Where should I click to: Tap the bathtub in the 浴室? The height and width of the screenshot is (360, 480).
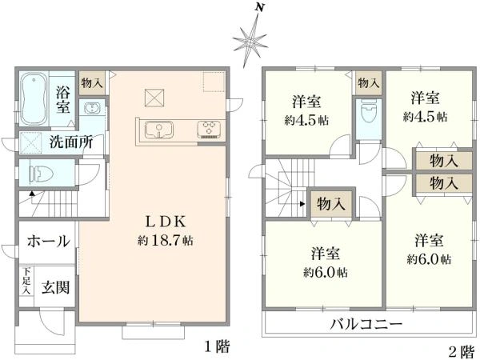pyautogui.click(x=34, y=96)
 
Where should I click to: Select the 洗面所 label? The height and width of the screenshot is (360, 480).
pyautogui.click(x=71, y=144)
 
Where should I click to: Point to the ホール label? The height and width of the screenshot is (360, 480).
pyautogui.click(x=48, y=241)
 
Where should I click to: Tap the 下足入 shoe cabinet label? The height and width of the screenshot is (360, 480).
pyautogui.click(x=26, y=281)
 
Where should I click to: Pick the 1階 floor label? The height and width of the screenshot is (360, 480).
pyautogui.click(x=215, y=347)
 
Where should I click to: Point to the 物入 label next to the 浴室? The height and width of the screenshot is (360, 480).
pyautogui.click(x=92, y=82)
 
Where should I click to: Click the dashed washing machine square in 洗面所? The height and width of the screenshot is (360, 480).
pyautogui.click(x=31, y=144)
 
